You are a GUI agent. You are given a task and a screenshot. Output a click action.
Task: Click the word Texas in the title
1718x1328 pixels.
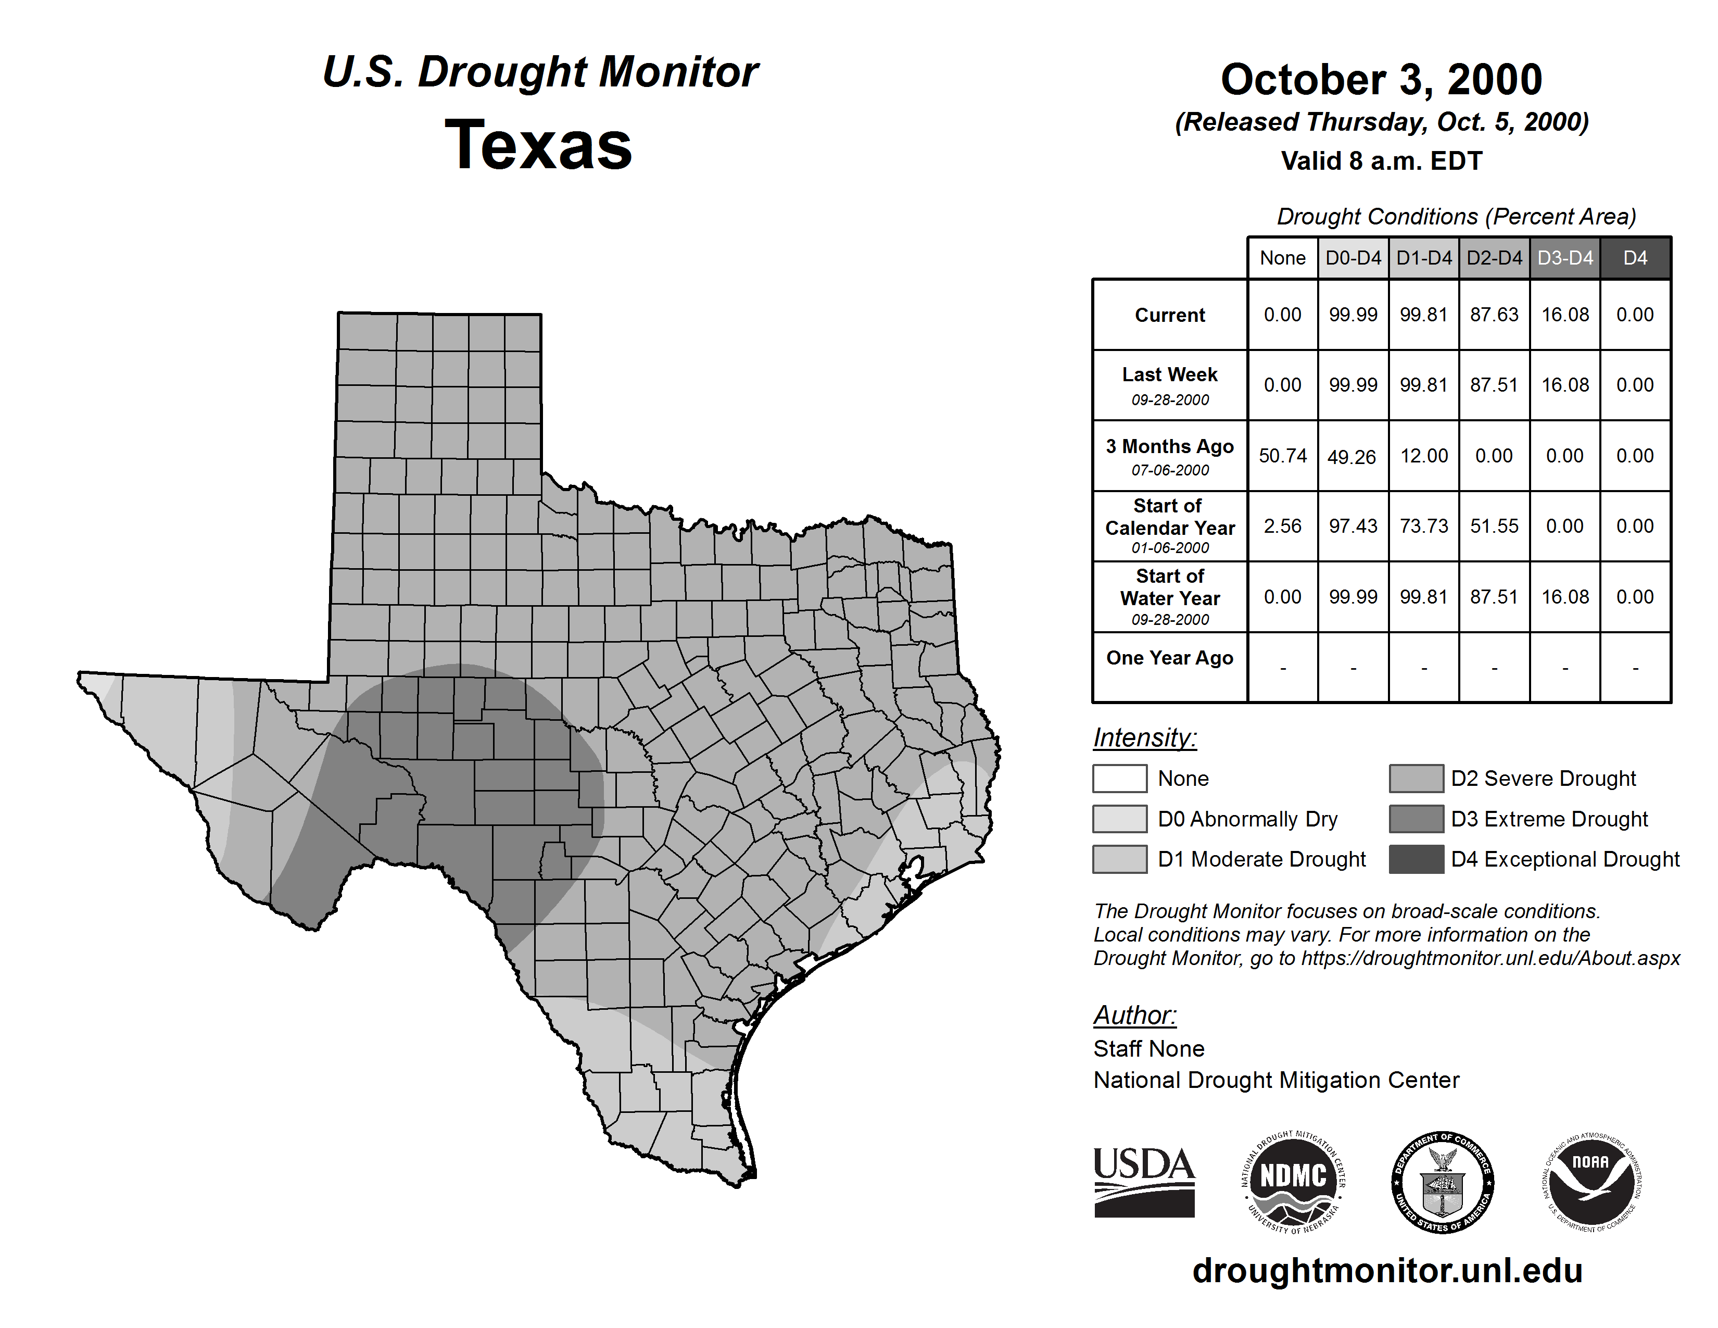[538, 145]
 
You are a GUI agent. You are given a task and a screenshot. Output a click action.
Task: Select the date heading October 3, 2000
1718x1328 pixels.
[1381, 80]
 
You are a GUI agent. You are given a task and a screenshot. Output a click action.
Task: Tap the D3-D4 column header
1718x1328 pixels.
[1564, 258]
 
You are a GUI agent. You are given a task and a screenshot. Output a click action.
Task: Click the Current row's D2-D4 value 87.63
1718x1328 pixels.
[1494, 315]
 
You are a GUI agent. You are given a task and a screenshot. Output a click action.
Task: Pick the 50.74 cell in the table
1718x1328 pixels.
[1282, 456]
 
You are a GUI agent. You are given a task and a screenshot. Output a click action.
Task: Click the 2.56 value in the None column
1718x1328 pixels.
[1282, 527]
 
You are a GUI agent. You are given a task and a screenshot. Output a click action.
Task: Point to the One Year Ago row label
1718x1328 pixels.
[1170, 658]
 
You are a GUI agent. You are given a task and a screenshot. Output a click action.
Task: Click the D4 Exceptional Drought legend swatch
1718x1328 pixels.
[1416, 859]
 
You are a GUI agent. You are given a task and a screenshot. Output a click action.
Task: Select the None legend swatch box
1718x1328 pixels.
[1119, 778]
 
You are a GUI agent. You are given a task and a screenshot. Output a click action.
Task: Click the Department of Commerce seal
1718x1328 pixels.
[1442, 1182]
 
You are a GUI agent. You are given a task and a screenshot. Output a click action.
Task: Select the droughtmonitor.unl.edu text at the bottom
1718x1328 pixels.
[1387, 1271]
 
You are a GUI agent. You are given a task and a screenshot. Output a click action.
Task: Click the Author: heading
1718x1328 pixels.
[1134, 1015]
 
